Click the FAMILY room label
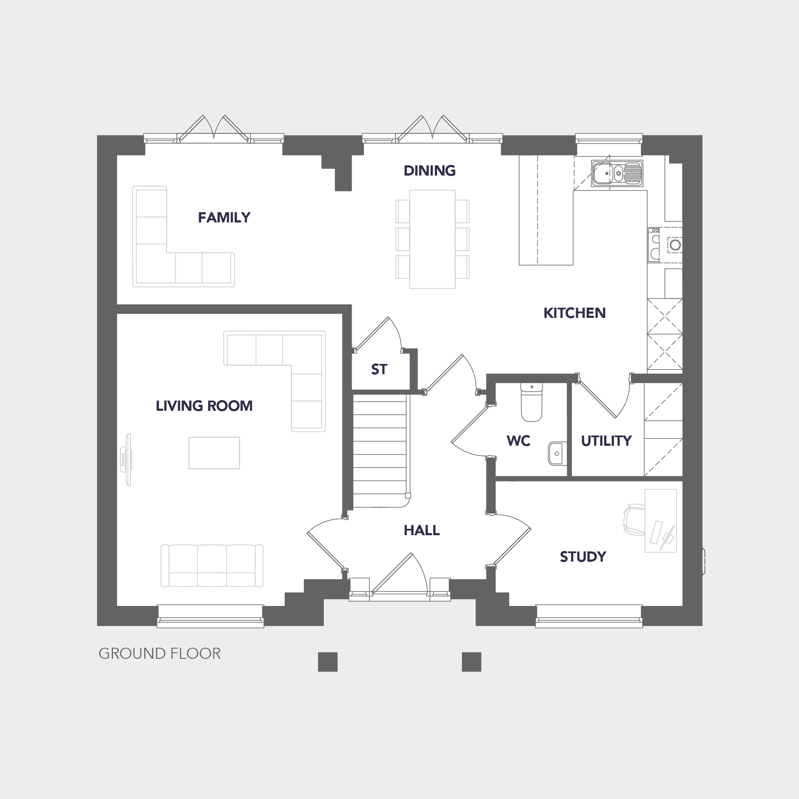click(x=224, y=218)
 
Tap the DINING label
click(x=430, y=171)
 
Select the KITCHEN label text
click(x=574, y=313)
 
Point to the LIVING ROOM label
click(x=204, y=406)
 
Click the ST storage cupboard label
click(x=379, y=369)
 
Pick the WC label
click(x=518, y=441)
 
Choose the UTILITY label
click(x=606, y=441)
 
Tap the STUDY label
click(x=583, y=557)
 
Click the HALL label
click(x=421, y=531)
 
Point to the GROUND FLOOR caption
click(x=160, y=654)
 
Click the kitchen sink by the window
click(x=617, y=173)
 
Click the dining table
click(x=432, y=239)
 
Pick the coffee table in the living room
click(x=214, y=453)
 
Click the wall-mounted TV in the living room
click(x=127, y=459)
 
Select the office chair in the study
click(x=634, y=519)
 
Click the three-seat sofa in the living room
click(x=212, y=565)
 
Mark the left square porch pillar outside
click(x=328, y=662)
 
